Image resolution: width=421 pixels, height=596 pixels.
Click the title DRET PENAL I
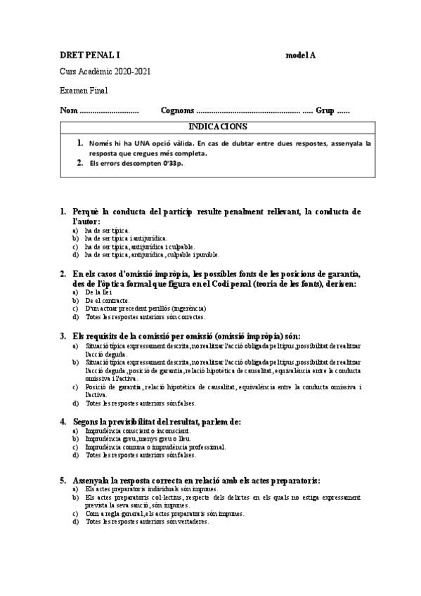[x=86, y=55]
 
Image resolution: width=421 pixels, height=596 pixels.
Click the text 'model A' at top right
[x=300, y=55]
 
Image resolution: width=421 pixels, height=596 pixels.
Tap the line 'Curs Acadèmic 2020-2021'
[x=105, y=72]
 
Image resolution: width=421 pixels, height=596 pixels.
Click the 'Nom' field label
[x=69, y=110]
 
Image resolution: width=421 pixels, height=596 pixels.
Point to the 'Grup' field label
[x=325, y=110]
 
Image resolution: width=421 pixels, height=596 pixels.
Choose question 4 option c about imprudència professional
[x=155, y=446]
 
